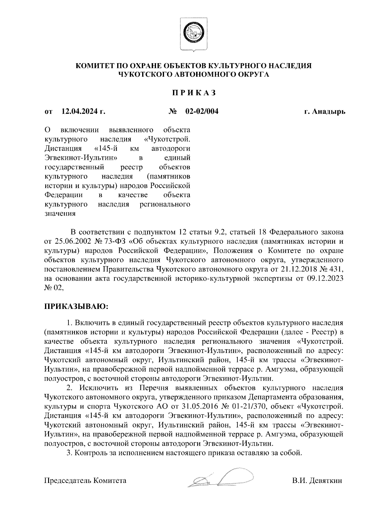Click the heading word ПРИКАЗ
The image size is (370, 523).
tap(194, 93)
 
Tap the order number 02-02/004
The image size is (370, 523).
tap(202, 111)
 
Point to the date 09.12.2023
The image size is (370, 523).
tap(327, 279)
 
